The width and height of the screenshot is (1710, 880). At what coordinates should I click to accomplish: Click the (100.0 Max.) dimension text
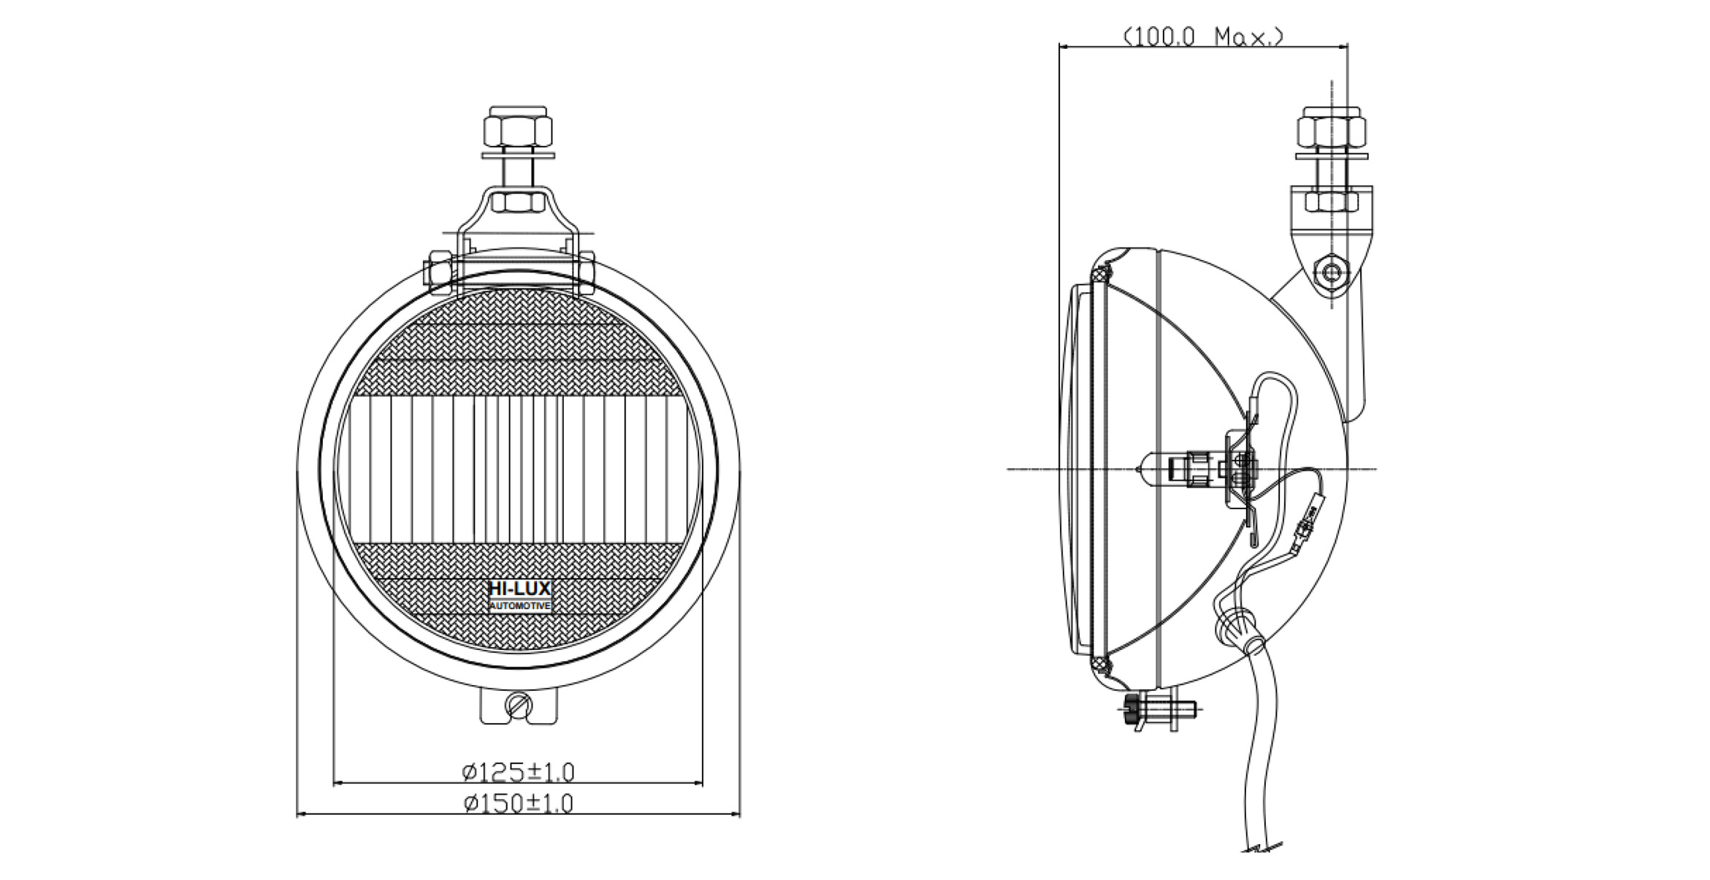(1202, 35)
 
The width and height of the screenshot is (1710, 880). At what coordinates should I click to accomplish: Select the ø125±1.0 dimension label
(518, 771)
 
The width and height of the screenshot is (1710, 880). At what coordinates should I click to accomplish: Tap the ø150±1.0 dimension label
(518, 803)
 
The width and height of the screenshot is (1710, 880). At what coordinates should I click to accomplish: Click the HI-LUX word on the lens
(519, 589)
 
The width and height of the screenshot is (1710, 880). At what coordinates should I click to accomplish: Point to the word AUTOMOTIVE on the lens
(519, 606)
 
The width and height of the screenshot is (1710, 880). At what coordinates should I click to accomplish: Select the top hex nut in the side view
(1332, 129)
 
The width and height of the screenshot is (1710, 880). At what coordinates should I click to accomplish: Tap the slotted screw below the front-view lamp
(519, 705)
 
